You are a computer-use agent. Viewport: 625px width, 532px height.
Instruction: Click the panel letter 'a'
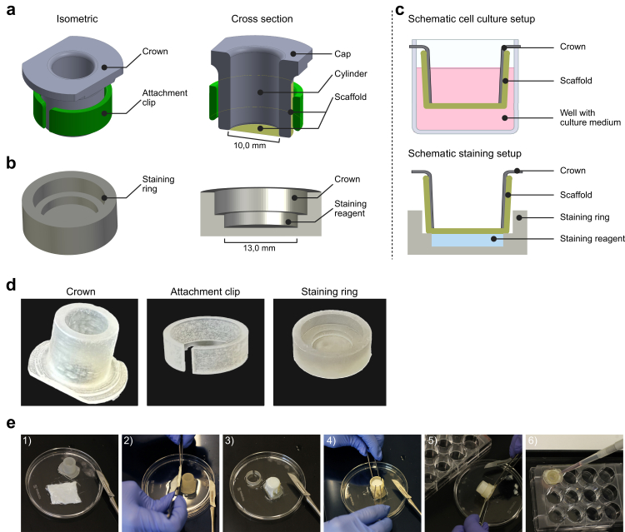[x=11, y=9]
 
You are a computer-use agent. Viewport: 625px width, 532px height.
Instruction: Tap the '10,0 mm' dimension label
[x=249, y=146]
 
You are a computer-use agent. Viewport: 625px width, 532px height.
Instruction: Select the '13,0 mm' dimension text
[x=259, y=248]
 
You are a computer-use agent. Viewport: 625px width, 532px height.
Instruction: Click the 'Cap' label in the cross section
[x=342, y=54]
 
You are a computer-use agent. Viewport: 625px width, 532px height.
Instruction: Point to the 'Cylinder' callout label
[x=351, y=73]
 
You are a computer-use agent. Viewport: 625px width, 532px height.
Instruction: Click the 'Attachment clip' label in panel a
[x=165, y=97]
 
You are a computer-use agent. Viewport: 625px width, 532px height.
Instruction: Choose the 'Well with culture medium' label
[x=590, y=117]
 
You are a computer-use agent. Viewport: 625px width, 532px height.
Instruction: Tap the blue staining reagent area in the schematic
[x=467, y=240]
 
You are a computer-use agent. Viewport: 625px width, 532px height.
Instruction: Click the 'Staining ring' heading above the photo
[x=329, y=292]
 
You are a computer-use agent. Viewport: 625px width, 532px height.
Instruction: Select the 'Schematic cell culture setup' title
[x=471, y=18]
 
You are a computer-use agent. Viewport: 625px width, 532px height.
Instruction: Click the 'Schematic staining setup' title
[x=464, y=153]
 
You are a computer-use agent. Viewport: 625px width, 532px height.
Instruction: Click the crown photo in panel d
[x=79, y=352]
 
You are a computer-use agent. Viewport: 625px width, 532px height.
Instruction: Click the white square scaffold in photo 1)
[x=64, y=494]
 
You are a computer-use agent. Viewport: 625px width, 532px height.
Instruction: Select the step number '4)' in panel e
[x=331, y=440]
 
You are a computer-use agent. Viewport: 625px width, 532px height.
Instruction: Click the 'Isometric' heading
[x=77, y=18]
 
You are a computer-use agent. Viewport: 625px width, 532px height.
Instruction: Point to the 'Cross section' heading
[x=262, y=18]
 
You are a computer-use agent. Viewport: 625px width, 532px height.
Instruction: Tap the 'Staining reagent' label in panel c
[x=592, y=238]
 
